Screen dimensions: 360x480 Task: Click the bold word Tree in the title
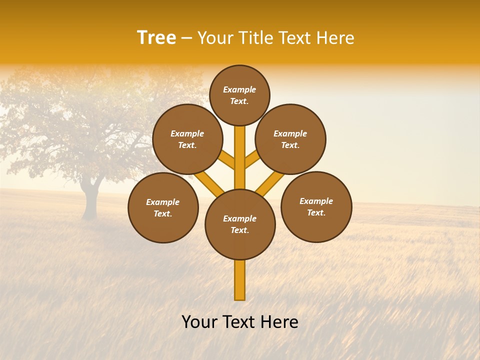tap(156, 38)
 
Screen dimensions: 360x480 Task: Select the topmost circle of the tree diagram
tap(239, 95)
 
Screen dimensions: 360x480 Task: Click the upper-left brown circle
tap(187, 139)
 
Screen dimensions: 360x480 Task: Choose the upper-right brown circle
tap(290, 139)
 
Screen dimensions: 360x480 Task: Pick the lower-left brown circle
tap(163, 207)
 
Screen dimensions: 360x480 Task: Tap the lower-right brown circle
tap(316, 206)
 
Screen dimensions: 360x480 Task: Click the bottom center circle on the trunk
tap(240, 224)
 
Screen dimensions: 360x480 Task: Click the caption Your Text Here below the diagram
tap(240, 322)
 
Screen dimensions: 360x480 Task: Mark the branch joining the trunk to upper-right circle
tap(252, 159)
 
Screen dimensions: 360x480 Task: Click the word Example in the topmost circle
tap(239, 89)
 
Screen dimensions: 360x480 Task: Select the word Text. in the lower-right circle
tap(316, 212)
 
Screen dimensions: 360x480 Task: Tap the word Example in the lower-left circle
tap(163, 202)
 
